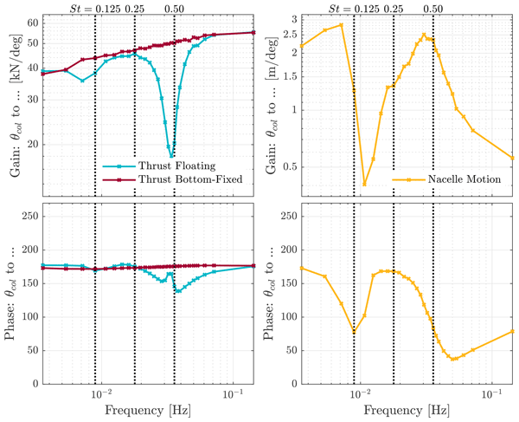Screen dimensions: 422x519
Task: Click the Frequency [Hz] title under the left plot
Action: pos(149,410)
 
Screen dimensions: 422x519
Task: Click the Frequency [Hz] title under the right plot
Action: pos(408,410)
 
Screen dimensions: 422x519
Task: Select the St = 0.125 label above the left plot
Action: pos(95,8)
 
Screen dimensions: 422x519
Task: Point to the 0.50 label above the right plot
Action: pos(433,8)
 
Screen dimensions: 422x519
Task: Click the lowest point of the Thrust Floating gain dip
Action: pos(172,156)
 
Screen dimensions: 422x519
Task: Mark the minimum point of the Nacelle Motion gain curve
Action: pos(364,185)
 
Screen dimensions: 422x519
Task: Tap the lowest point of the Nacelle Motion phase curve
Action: pos(453,359)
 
